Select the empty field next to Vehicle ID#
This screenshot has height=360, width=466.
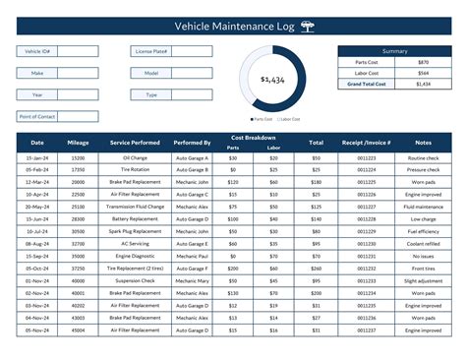point(87,51)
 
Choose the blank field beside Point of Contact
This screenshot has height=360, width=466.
point(87,117)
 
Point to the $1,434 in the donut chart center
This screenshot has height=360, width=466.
point(272,79)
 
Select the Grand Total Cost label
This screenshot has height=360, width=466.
point(366,85)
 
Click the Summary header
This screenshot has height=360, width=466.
point(394,50)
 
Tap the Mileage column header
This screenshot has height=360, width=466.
point(78,143)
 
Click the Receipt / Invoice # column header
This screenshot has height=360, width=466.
point(366,143)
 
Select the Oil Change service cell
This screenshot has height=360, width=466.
point(136,157)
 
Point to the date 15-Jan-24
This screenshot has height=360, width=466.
point(36,157)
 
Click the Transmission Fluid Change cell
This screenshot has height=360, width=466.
point(136,208)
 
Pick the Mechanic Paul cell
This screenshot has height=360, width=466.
point(193,255)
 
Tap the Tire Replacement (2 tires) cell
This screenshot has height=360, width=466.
point(136,268)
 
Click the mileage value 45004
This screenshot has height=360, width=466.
point(78,330)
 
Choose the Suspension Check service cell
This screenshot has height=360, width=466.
point(136,280)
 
